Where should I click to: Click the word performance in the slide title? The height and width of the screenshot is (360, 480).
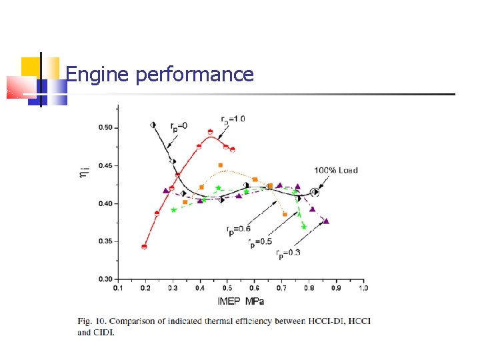pos(194,75)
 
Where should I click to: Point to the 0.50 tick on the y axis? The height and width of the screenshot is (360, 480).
pos(106,127)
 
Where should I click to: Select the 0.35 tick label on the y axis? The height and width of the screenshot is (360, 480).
pos(106,241)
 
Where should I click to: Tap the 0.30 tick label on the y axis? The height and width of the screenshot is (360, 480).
pos(106,279)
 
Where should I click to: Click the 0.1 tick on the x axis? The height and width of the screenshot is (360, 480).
pos(118,288)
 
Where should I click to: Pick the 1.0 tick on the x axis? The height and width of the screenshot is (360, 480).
pos(363,288)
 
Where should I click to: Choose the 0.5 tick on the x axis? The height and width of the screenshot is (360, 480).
pos(227,288)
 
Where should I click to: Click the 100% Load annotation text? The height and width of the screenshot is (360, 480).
pos(336,170)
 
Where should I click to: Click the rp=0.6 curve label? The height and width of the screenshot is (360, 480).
pos(238,230)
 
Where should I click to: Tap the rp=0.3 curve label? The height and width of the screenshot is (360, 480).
pos(287,252)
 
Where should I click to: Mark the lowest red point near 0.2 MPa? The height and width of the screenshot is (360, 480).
pos(144,247)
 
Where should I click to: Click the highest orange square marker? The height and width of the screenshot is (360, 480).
pos(221,165)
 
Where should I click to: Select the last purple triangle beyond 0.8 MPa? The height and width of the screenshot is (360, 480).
pos(326,221)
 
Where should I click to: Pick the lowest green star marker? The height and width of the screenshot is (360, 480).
pos(304,227)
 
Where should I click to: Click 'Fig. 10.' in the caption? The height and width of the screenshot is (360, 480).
pos(91,321)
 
